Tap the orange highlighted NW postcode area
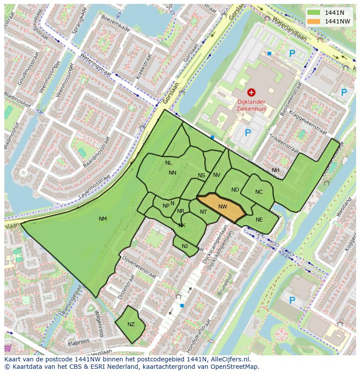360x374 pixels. pos(222,207)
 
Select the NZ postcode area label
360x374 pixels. pos(131,324)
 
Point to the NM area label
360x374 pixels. pos(103,219)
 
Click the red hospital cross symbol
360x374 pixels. pos(251,92)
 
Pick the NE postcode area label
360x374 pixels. pos(259,220)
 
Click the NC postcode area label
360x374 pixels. pos(259,192)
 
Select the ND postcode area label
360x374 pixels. pos(235,190)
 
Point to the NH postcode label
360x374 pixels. pos(276,170)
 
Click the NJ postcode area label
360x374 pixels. pos(185,246)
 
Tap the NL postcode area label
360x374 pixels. pos(169,163)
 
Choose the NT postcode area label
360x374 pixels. pos(203,212)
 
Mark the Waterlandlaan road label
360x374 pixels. pos(290,30)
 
